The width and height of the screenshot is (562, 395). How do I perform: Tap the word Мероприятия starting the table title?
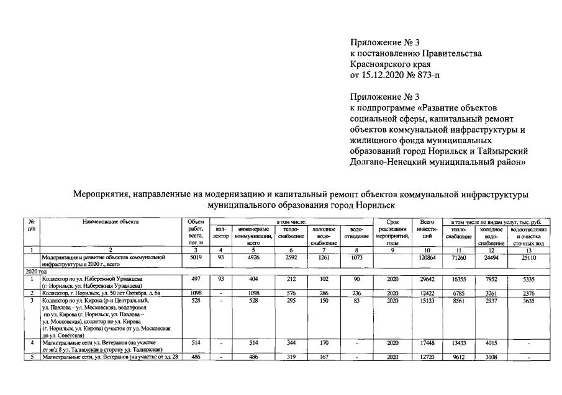(101, 194)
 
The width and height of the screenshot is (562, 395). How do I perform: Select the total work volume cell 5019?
(190, 256)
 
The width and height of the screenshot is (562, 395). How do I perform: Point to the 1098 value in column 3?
(190, 293)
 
